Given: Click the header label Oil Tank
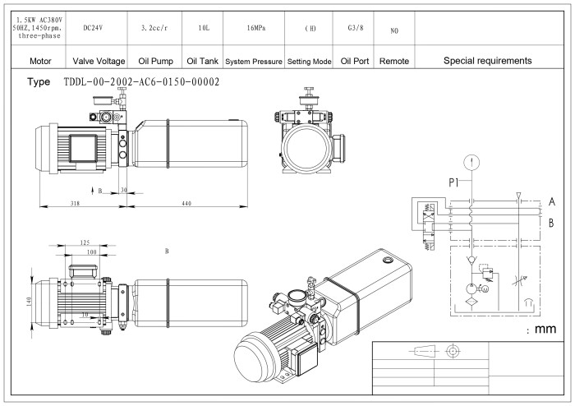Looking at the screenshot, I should (x=202, y=61).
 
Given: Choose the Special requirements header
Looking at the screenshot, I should (x=486, y=61).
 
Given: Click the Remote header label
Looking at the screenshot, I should (x=394, y=61).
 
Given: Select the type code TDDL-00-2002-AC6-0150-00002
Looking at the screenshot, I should (x=140, y=82).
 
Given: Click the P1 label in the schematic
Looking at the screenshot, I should (x=454, y=182).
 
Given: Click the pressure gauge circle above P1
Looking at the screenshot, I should (x=469, y=160).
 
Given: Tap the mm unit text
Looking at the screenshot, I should (x=542, y=330).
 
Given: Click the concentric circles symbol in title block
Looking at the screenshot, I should (x=449, y=353).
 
